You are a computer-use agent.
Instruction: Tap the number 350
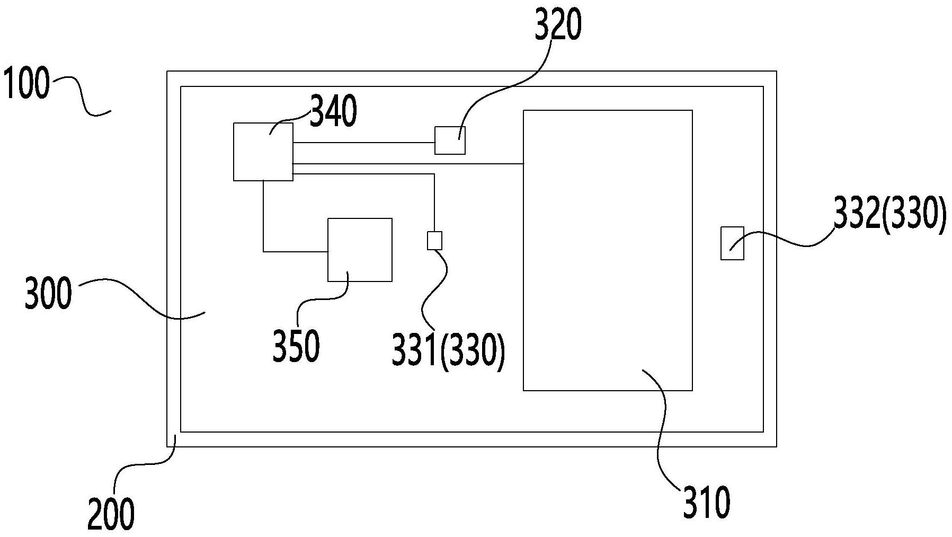pyautogui.click(x=296, y=346)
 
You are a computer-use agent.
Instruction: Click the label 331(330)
pyautogui.click(x=448, y=350)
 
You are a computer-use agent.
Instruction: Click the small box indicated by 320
pyautogui.click(x=450, y=140)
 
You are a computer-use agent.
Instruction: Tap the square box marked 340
pyautogui.click(x=263, y=152)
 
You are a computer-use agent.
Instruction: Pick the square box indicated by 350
pyautogui.click(x=360, y=250)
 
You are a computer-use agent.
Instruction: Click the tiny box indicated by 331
pyautogui.click(x=434, y=241)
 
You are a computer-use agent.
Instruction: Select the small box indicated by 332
pyautogui.click(x=732, y=243)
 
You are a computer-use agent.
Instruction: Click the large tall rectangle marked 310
pyautogui.click(x=608, y=250)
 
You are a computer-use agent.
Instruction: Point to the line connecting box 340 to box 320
pyautogui.click(x=364, y=143)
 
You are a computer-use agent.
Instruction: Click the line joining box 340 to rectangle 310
pyautogui.click(x=408, y=164)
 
